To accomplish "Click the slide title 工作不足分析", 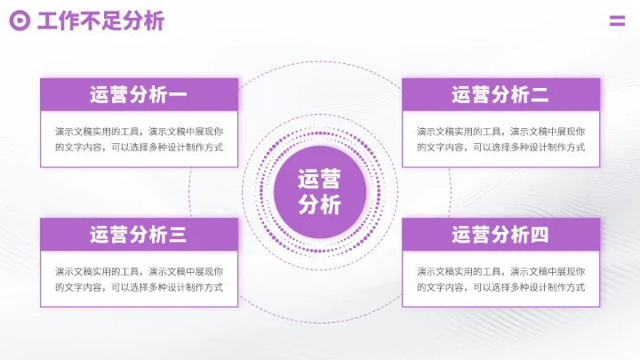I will [100, 21].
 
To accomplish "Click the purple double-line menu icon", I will [617, 21].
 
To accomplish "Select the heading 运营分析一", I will [139, 94].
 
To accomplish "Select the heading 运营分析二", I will [500, 94].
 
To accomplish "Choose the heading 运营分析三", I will [139, 235].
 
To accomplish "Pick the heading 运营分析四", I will [500, 235].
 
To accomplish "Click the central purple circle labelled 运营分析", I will [320, 191].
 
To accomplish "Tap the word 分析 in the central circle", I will [320, 205].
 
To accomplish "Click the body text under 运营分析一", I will [139, 140].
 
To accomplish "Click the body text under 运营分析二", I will [500, 140].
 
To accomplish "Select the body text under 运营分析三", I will [139, 279].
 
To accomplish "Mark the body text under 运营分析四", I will [500, 279].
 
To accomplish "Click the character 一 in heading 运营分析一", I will [178, 94].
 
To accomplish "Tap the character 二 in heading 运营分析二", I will [540, 94].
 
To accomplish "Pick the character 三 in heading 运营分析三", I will [178, 235].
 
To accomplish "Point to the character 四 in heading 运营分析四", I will [540, 235].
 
